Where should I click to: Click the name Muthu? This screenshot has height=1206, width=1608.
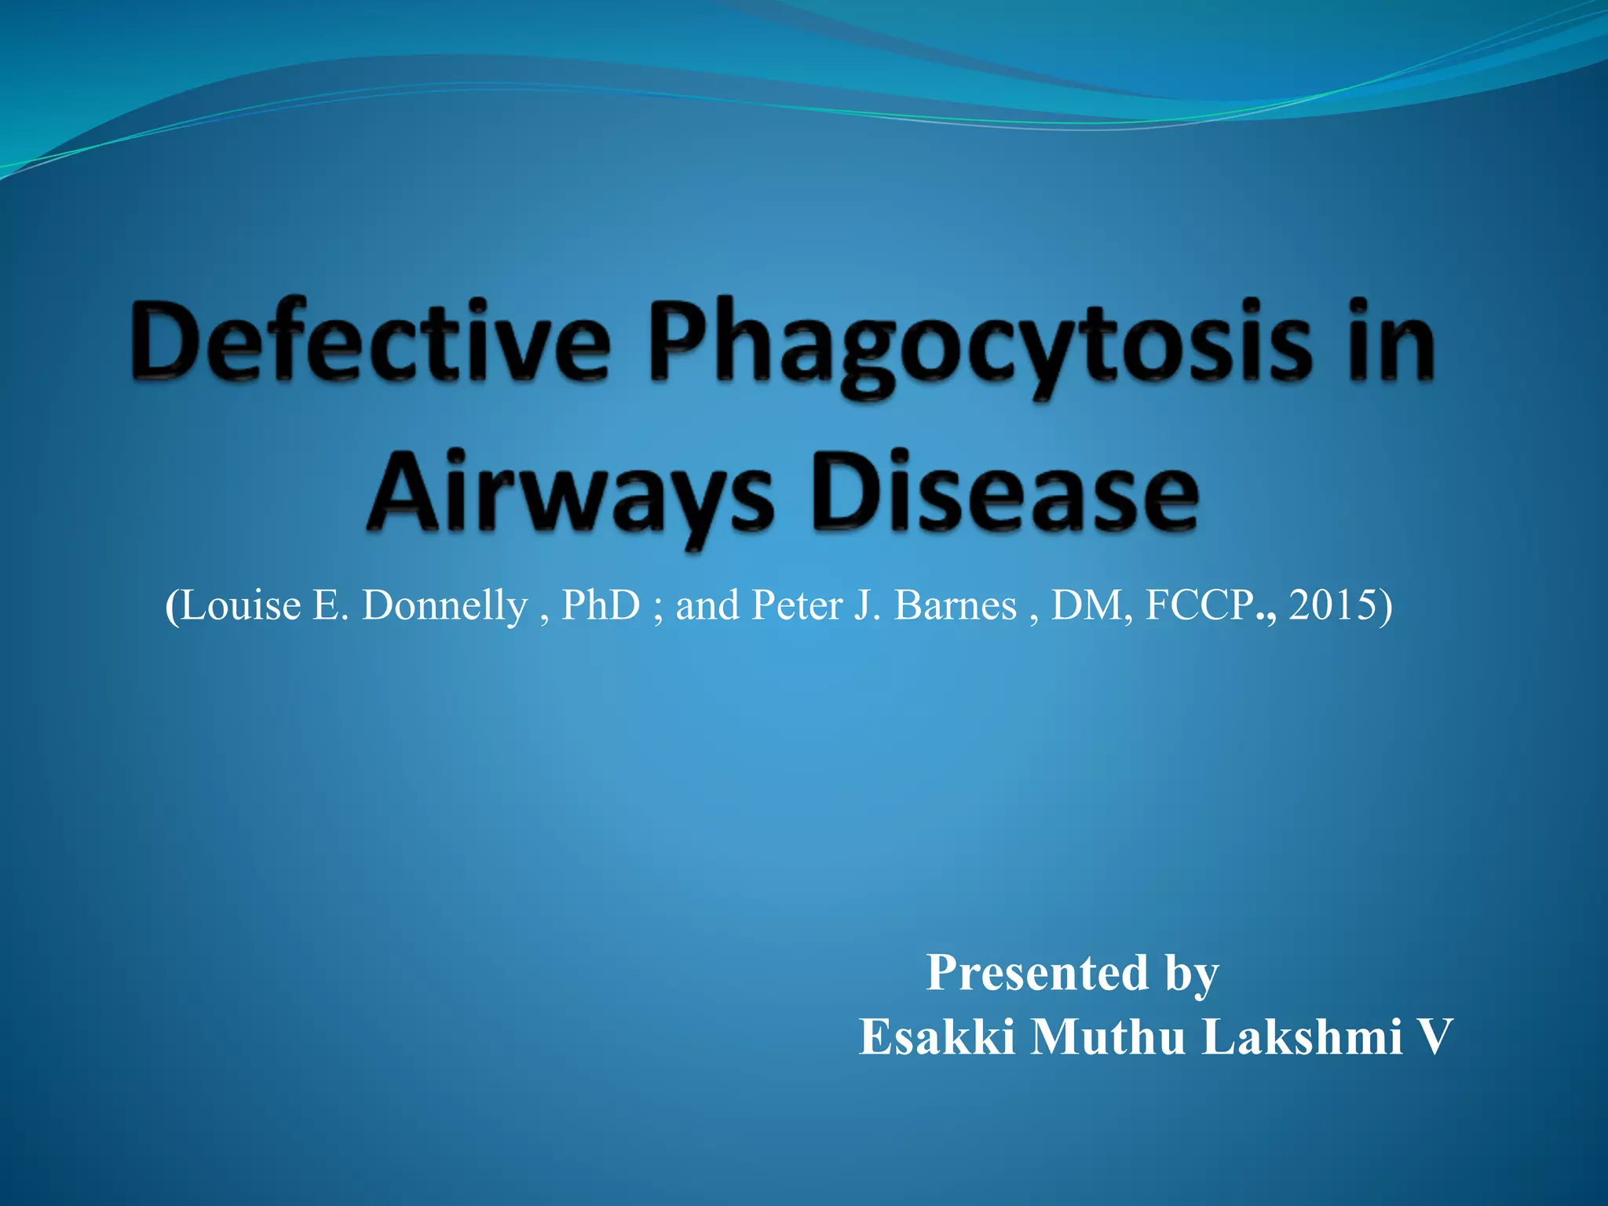click(1107, 1037)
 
